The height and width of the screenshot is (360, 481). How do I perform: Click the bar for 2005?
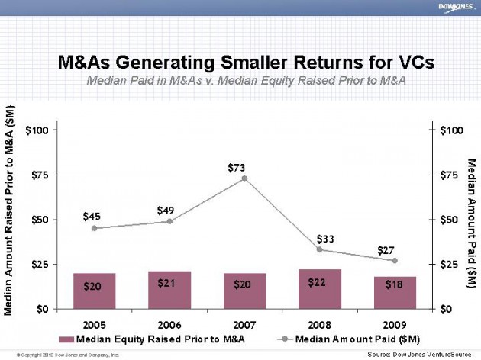click(x=95, y=291)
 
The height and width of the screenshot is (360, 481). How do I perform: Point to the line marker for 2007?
click(x=244, y=178)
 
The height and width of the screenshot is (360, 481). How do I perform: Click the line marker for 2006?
click(x=169, y=221)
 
